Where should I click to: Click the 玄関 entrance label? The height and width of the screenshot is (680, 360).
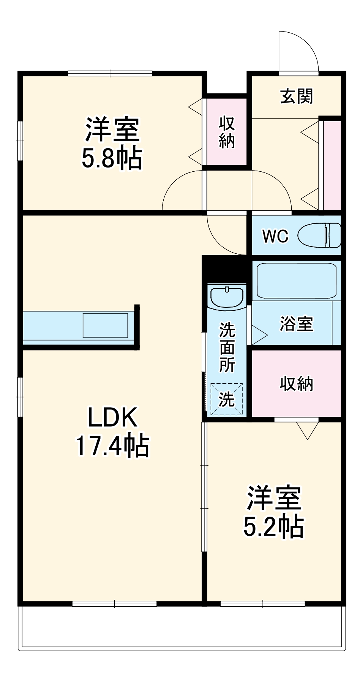point(297,96)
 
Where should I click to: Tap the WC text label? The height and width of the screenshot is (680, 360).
point(275,236)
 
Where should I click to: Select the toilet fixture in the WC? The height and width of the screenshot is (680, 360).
point(319,236)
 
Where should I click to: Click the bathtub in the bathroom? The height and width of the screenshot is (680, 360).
point(296,281)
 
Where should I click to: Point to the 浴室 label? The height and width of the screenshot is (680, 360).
point(296,324)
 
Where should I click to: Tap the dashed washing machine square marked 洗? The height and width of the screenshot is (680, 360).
point(227,399)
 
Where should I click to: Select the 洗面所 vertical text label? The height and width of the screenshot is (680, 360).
point(227,348)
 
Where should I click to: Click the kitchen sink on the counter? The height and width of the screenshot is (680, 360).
point(106,325)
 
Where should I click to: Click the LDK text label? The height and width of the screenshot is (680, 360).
point(112,417)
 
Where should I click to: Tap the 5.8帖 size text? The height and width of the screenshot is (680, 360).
point(112,158)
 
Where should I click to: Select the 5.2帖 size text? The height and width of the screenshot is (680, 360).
point(273,527)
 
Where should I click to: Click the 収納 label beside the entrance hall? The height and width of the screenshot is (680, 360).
point(227,132)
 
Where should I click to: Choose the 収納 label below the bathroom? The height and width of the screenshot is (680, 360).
point(296,384)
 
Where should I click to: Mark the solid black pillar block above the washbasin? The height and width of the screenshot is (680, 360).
point(224,269)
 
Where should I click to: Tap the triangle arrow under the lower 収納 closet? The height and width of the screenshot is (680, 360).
point(307,431)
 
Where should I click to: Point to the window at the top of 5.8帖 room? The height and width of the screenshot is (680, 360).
point(110,73)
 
